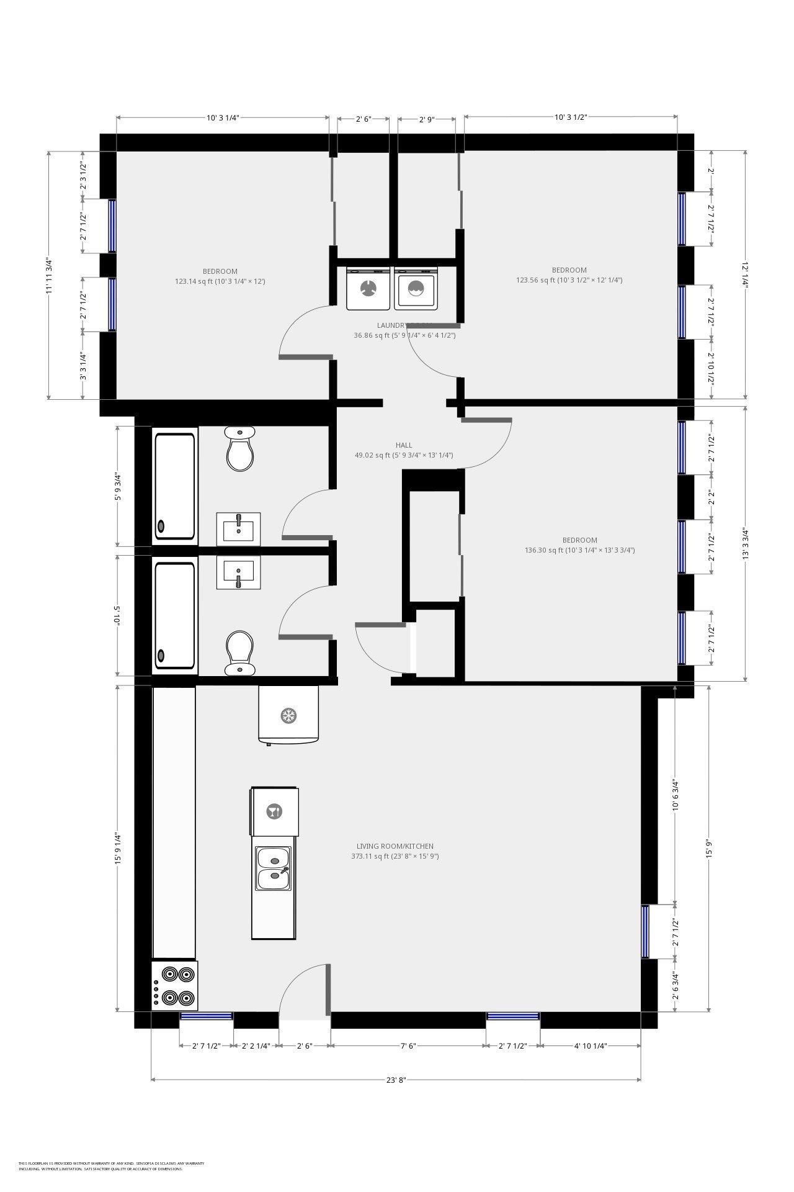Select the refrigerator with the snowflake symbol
pyautogui.click(x=288, y=714)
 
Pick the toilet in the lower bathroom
pyautogui.click(x=239, y=652)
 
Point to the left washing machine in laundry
pyautogui.click(x=368, y=289)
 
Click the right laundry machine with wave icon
pyautogui.click(x=416, y=289)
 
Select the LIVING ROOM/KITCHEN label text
pyautogui.click(x=395, y=846)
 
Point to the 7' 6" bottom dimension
pyautogui.click(x=408, y=1046)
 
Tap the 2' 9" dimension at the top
pyautogui.click(x=426, y=119)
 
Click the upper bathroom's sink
pyautogui.click(x=238, y=528)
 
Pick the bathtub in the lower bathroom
pyautogui.click(x=175, y=615)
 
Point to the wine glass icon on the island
pyautogui.click(x=274, y=811)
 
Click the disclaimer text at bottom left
pyautogui.click(x=111, y=1166)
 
